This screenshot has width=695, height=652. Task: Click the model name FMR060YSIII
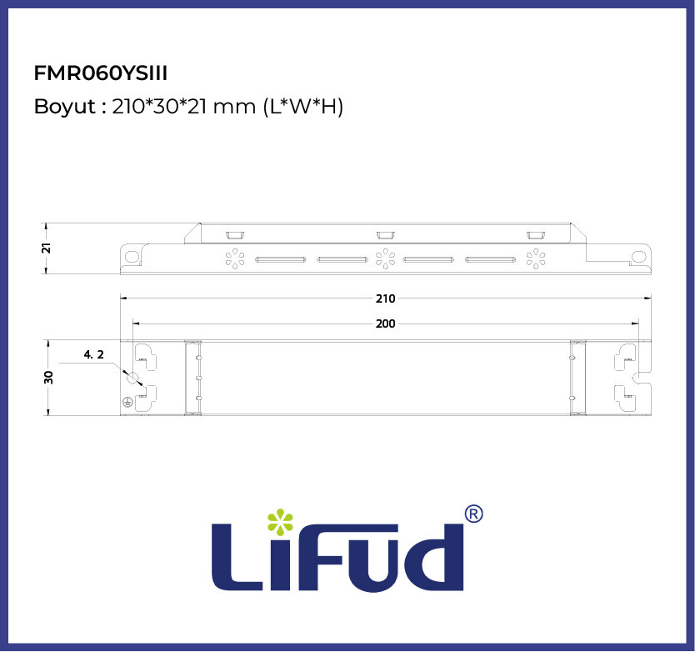[x=101, y=73]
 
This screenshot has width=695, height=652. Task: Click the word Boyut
[x=65, y=107]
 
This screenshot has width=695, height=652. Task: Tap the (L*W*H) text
[x=303, y=107]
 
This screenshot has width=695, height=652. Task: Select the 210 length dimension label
[x=385, y=298]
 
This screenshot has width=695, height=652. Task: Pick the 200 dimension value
[x=385, y=323]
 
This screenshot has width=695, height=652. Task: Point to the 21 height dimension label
[x=46, y=248]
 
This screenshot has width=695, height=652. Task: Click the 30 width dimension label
[x=48, y=378]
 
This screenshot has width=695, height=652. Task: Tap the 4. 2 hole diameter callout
[x=94, y=354]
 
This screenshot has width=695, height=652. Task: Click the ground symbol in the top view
[x=127, y=402]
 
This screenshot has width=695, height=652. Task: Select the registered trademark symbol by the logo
[x=474, y=514]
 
